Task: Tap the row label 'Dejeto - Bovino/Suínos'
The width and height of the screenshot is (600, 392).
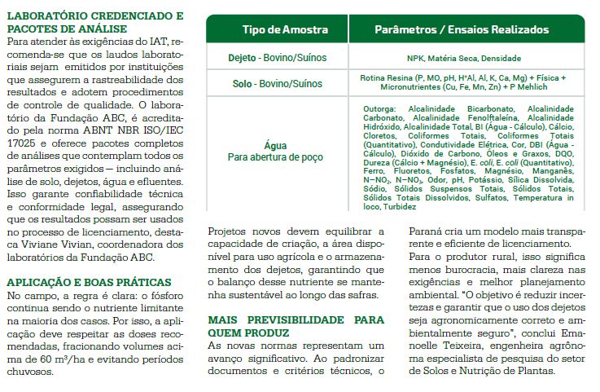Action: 276,58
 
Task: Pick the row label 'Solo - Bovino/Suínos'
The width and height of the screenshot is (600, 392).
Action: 276,83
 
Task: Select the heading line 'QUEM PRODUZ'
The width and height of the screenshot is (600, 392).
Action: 245,333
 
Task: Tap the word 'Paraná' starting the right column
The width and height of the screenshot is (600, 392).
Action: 426,231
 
